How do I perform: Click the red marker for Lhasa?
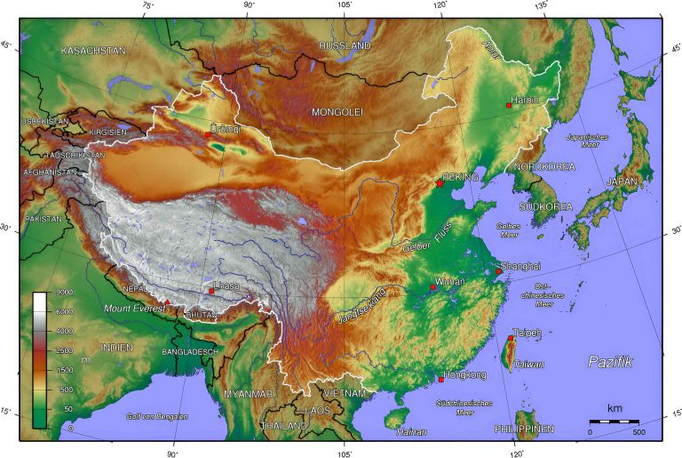coord(210,291)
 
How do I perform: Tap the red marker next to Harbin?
coord(508,105)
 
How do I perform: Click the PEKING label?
coord(459,177)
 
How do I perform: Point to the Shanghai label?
coord(520,266)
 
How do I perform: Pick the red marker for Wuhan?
coord(432,287)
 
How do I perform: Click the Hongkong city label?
coord(464,375)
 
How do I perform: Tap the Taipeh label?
coord(527,333)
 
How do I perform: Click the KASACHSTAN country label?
coord(93,51)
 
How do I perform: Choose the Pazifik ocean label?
coord(610,361)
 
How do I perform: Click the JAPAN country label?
coord(622,181)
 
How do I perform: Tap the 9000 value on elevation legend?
coord(42,293)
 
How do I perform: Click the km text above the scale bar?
coord(615,408)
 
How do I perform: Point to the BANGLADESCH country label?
coord(190,352)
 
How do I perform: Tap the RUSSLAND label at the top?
coord(345,44)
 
